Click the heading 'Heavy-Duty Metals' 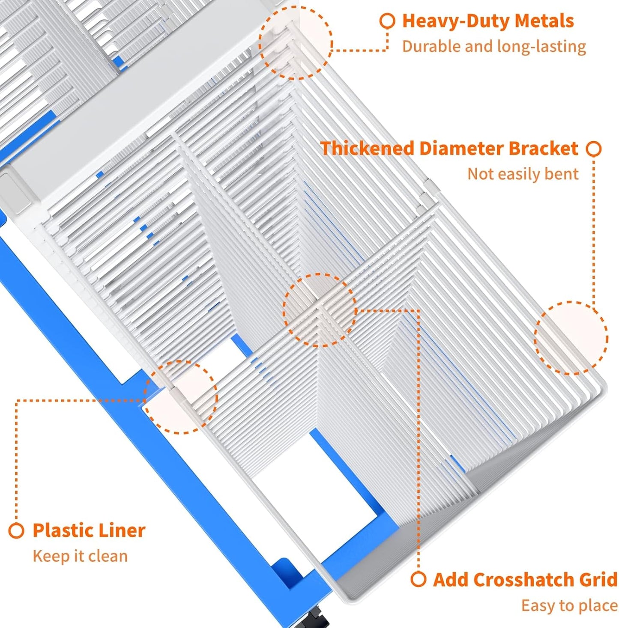click(487, 21)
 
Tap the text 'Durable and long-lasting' click(493, 46)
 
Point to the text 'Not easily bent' click(523, 174)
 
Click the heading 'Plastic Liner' click(89, 530)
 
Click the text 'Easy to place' click(569, 605)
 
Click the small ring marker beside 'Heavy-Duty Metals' click(387, 21)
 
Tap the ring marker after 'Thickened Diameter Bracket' click(594, 149)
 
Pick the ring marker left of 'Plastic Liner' click(16, 531)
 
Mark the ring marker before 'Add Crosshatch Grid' click(418, 579)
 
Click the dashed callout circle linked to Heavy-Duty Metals click(296, 42)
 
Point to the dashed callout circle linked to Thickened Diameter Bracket click(571, 338)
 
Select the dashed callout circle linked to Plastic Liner click(180, 397)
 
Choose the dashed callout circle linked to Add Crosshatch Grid click(319, 310)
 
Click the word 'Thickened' click(367, 149)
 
